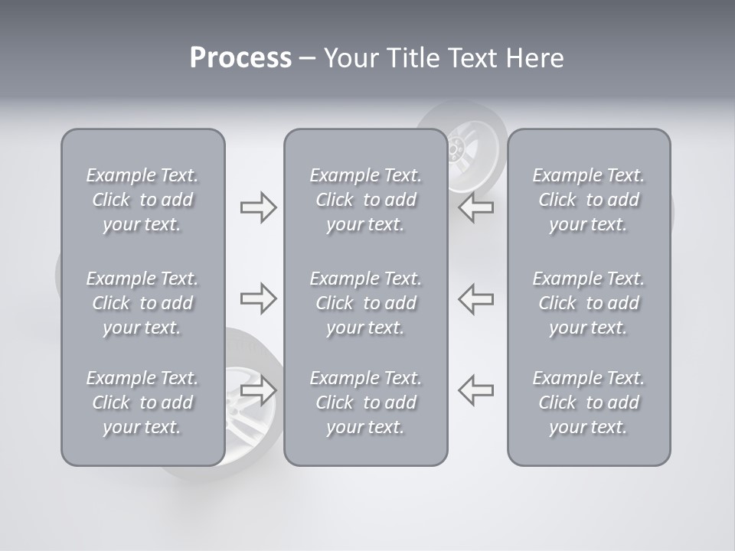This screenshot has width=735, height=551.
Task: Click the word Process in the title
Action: click(x=240, y=58)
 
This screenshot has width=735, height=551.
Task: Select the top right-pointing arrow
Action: click(x=258, y=207)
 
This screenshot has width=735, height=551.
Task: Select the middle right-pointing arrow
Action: click(x=258, y=298)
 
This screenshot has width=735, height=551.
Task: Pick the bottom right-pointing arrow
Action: click(x=258, y=390)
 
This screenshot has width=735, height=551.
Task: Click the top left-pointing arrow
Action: click(x=476, y=207)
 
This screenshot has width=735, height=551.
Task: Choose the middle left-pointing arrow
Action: click(x=476, y=298)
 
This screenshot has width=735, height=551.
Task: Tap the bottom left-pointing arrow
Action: click(x=476, y=390)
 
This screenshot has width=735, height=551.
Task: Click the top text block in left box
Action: click(x=142, y=200)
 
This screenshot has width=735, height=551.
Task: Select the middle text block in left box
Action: click(x=142, y=303)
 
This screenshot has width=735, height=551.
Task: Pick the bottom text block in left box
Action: click(x=142, y=403)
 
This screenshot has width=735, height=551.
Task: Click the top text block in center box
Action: click(x=365, y=200)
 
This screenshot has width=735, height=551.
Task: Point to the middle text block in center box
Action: click(x=365, y=303)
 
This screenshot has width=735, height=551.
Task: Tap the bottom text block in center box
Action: click(x=365, y=403)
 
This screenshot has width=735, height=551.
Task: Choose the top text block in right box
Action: click(x=588, y=200)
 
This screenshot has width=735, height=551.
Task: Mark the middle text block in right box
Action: click(x=588, y=303)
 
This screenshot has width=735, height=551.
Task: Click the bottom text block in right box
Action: click(x=588, y=403)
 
